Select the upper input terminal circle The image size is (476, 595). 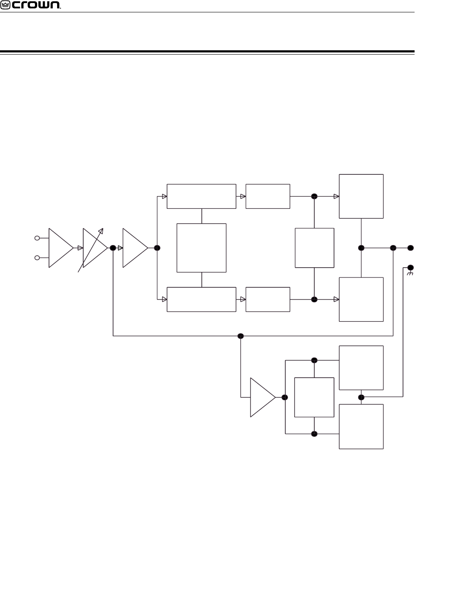point(37,238)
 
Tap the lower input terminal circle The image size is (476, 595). point(37,258)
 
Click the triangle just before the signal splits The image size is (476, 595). point(134,248)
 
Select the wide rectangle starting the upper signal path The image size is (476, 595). point(201,196)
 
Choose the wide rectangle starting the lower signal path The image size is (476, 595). point(201,299)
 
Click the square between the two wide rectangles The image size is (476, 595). point(201,248)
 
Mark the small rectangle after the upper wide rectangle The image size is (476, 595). point(268,196)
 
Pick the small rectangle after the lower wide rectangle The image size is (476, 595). point(268,299)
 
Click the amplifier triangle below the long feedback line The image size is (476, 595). point(261,397)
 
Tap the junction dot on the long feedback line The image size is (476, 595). point(241,336)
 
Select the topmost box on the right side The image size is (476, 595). point(361,196)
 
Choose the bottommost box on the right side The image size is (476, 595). point(361,426)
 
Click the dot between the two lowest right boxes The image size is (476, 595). point(361,397)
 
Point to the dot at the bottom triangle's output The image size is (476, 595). point(285,397)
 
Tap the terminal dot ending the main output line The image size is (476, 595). point(411,248)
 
